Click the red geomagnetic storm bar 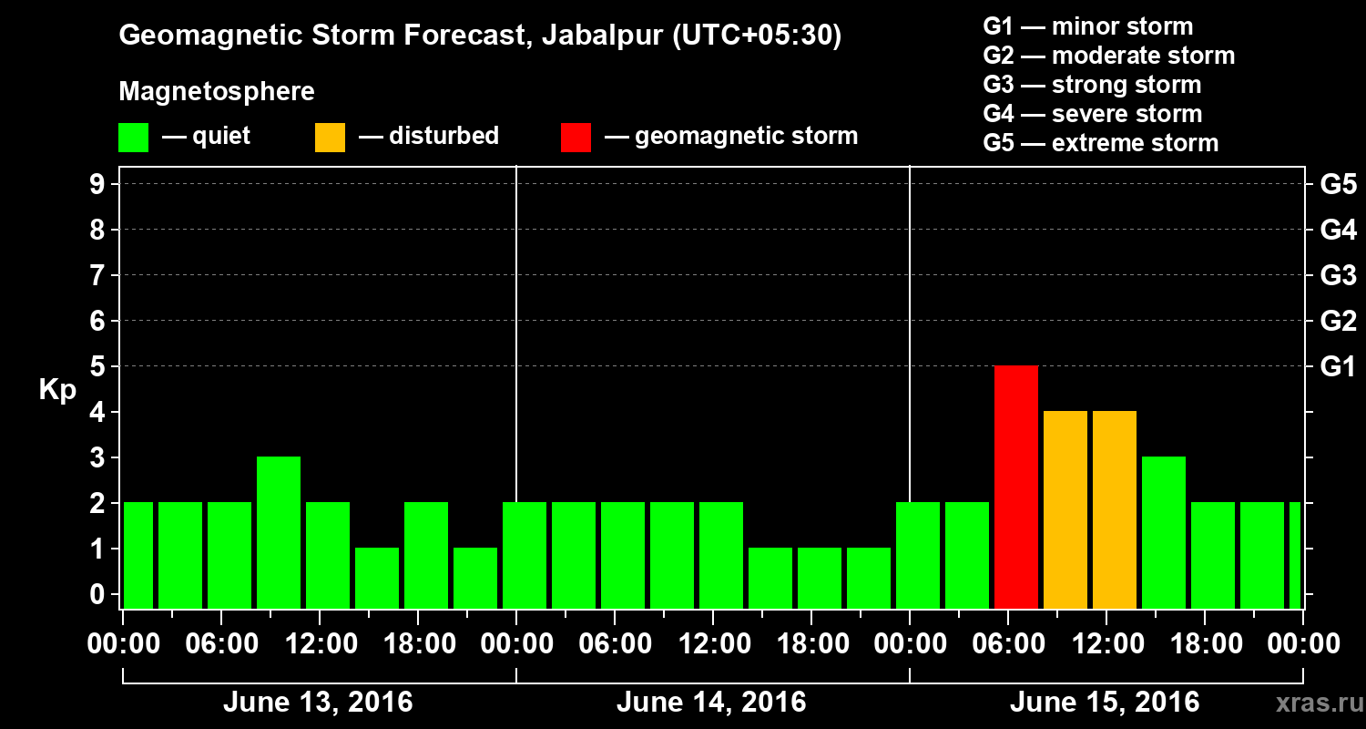click(1016, 487)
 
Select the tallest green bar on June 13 click(279, 532)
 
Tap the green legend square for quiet click(133, 137)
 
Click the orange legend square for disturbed click(330, 137)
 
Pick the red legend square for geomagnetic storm click(576, 137)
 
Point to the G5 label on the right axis click(1338, 185)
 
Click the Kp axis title click(57, 391)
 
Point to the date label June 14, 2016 click(711, 703)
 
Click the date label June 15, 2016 click(1105, 703)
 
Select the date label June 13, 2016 click(318, 703)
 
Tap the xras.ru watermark click(1312, 703)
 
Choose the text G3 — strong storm click(1092, 85)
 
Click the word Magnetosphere click(217, 92)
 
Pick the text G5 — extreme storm click(1100, 143)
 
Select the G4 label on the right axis click(1338, 231)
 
